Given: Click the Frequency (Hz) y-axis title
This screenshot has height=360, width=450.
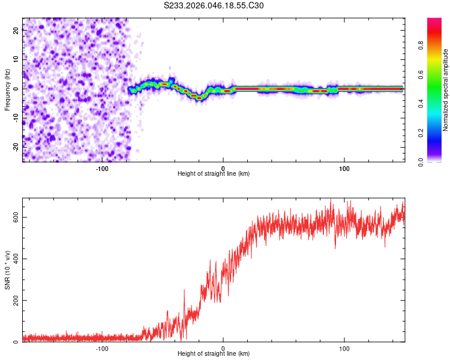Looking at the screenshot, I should click(x=7, y=90).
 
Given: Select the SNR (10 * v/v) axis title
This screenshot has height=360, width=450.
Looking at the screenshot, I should click(x=7, y=269).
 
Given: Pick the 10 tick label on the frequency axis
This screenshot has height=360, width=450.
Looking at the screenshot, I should click(x=16, y=60).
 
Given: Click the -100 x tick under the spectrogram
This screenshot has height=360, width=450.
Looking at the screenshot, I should click(x=101, y=167).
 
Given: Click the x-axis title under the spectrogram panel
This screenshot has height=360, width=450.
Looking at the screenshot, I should click(x=214, y=174).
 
